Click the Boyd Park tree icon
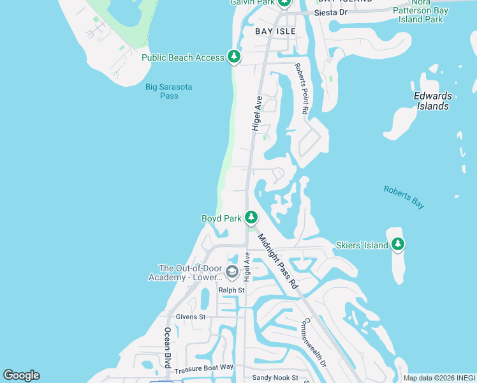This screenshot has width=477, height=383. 251,218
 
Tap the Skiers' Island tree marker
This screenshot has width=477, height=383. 398,244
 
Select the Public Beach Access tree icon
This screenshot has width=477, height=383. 234,57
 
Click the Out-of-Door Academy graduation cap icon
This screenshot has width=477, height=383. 231,273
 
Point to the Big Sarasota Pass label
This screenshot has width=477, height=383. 169,91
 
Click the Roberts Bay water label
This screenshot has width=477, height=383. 404,197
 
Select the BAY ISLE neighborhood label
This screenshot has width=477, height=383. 275,31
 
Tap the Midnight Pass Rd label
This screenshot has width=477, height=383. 278,262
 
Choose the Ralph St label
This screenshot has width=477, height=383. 231,290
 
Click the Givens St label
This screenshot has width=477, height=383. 190,317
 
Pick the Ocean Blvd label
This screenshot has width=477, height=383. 167,348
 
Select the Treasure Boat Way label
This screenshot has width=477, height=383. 204,368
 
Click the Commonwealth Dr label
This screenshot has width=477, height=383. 314,342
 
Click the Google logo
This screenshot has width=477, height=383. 21,375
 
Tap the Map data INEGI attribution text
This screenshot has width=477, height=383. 439,378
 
